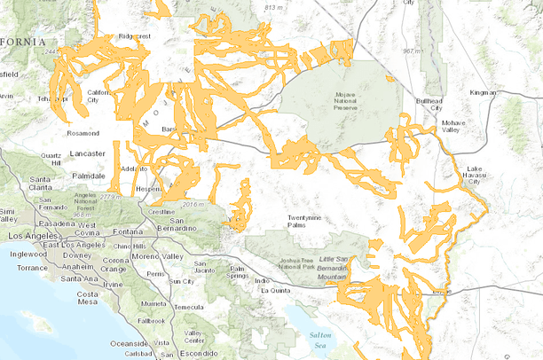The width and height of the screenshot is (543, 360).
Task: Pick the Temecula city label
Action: (187, 307)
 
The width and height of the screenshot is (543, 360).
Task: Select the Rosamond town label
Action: (82, 133)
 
